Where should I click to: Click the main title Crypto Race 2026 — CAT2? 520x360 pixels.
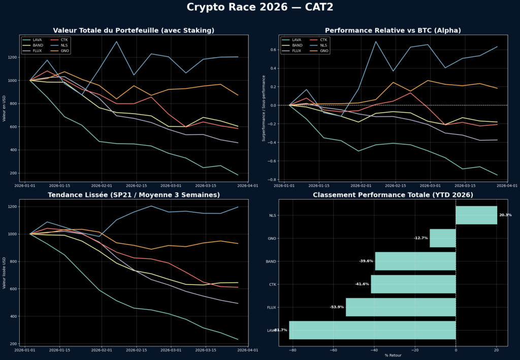[260, 7]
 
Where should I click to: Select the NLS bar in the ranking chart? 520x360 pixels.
[476, 215]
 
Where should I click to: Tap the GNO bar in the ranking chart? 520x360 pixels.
[442, 238]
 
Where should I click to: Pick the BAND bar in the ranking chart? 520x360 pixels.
[415, 261]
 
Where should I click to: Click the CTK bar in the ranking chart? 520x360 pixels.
[413, 284]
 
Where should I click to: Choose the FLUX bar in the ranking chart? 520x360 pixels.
[400, 307]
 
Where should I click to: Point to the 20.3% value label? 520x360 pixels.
[505, 215]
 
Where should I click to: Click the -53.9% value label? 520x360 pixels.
[337, 307]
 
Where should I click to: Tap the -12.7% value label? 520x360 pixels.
[421, 238]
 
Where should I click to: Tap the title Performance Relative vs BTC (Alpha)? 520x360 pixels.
[393, 30]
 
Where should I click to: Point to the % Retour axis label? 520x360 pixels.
[393, 355]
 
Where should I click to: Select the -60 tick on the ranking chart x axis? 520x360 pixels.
[334, 349]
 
